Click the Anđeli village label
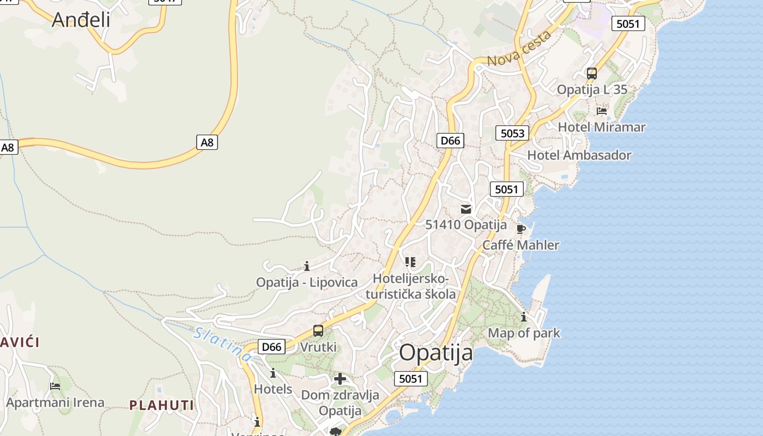[x=81, y=20]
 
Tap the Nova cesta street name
[x=519, y=49]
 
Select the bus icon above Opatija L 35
[x=591, y=74]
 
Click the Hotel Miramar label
[x=601, y=127]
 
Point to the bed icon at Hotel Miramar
[x=601, y=111]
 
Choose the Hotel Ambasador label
[x=579, y=155]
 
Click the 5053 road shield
[x=512, y=133]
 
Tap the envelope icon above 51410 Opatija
[x=465, y=209]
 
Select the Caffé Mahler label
[x=520, y=245]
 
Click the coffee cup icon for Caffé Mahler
[x=520, y=228]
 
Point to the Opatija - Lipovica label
[x=307, y=282]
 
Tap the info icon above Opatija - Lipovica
[x=307, y=266]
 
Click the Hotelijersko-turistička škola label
[x=411, y=286]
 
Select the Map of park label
[x=524, y=333]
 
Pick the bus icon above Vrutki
[x=318, y=331]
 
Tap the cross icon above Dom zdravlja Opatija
[x=340, y=379]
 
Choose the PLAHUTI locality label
[x=161, y=405]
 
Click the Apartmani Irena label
[x=55, y=403]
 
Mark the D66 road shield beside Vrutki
[x=271, y=347]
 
